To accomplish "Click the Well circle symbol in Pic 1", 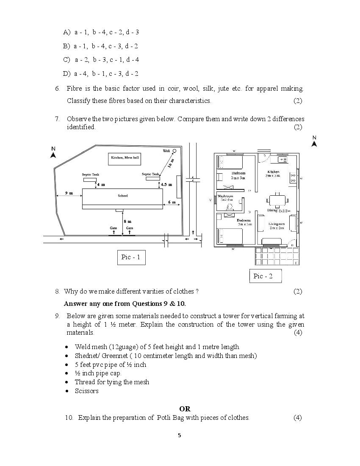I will click(174, 150).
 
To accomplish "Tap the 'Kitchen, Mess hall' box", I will click(125, 158).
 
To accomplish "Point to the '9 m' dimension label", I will click(69, 193).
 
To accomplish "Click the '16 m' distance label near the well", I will click(170, 164).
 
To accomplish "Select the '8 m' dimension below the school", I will click(127, 221).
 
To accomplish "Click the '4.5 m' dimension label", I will click(166, 185).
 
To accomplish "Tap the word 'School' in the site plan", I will click(122, 196).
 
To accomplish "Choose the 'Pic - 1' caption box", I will click(131, 257).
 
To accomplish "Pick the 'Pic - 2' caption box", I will click(263, 276).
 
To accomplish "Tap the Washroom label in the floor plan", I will click(225, 196).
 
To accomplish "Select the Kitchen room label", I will click(273, 172).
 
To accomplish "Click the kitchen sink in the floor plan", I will click(282, 159).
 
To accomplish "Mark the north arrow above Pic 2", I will click(314, 144).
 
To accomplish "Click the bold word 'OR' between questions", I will click(185, 409).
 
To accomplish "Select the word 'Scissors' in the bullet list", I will click(87, 391).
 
